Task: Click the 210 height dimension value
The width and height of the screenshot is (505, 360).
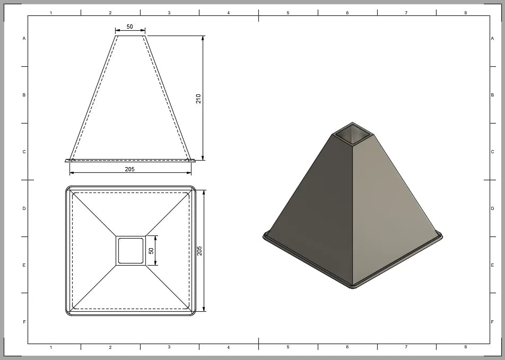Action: click(198, 98)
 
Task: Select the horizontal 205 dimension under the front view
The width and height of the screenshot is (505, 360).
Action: click(129, 169)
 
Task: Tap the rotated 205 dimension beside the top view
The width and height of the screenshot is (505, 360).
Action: click(199, 250)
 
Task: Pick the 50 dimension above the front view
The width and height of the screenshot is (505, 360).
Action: click(130, 27)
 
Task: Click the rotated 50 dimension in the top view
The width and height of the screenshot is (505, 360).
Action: click(151, 250)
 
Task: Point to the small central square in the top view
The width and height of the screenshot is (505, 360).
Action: click(130, 250)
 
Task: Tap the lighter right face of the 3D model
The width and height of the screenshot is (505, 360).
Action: click(393, 207)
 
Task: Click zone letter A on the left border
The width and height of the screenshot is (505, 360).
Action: click(24, 38)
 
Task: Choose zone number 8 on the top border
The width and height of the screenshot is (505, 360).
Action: click(465, 12)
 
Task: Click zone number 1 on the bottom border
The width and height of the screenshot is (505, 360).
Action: click(51, 347)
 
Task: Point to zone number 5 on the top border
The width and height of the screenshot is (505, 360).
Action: click(288, 12)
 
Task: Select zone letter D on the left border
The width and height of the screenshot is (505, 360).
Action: click(24, 208)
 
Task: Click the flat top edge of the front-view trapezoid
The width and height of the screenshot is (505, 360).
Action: click(130, 36)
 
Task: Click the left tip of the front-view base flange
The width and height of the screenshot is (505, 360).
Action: click(66, 160)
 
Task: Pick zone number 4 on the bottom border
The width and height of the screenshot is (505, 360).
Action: click(229, 347)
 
